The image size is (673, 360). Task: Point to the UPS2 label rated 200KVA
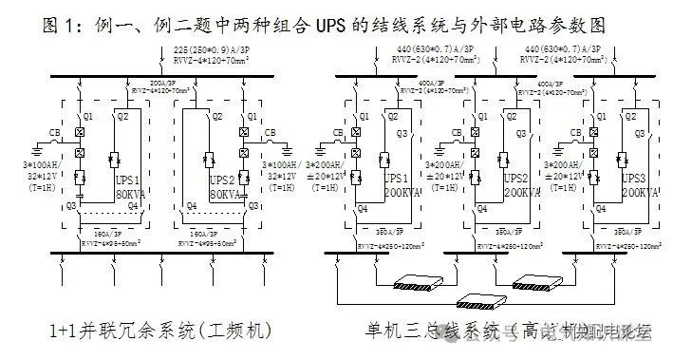click(515, 178)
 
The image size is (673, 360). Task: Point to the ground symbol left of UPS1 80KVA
click(37, 148)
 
